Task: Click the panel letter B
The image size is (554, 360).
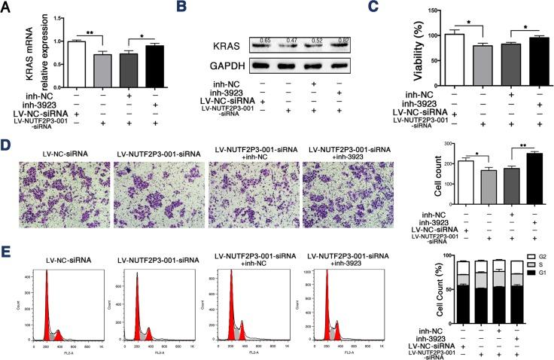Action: coord(181,8)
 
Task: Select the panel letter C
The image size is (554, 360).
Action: coord(363,8)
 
